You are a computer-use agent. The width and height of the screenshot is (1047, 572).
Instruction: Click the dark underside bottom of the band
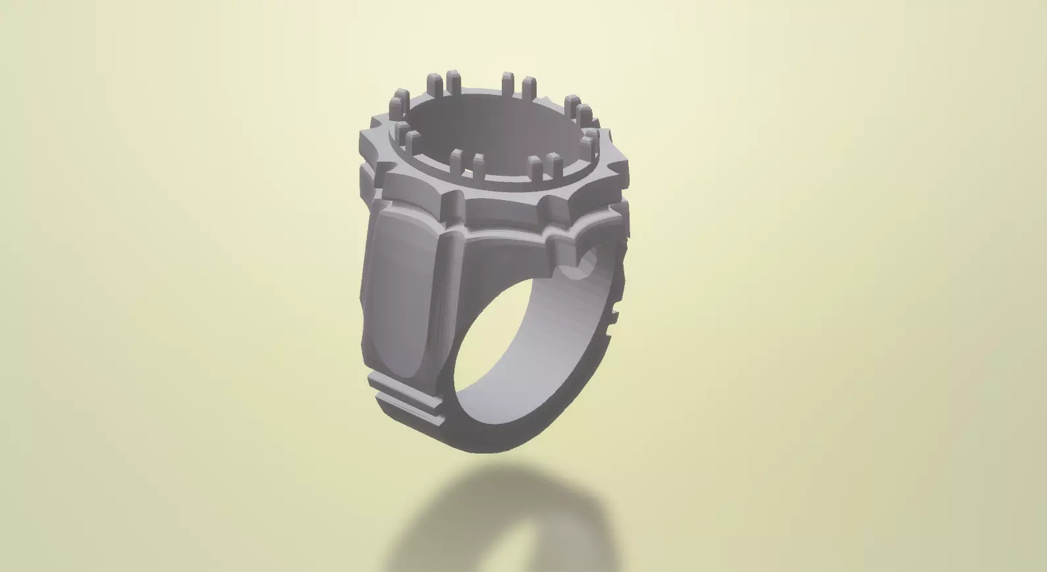click(500, 441)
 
